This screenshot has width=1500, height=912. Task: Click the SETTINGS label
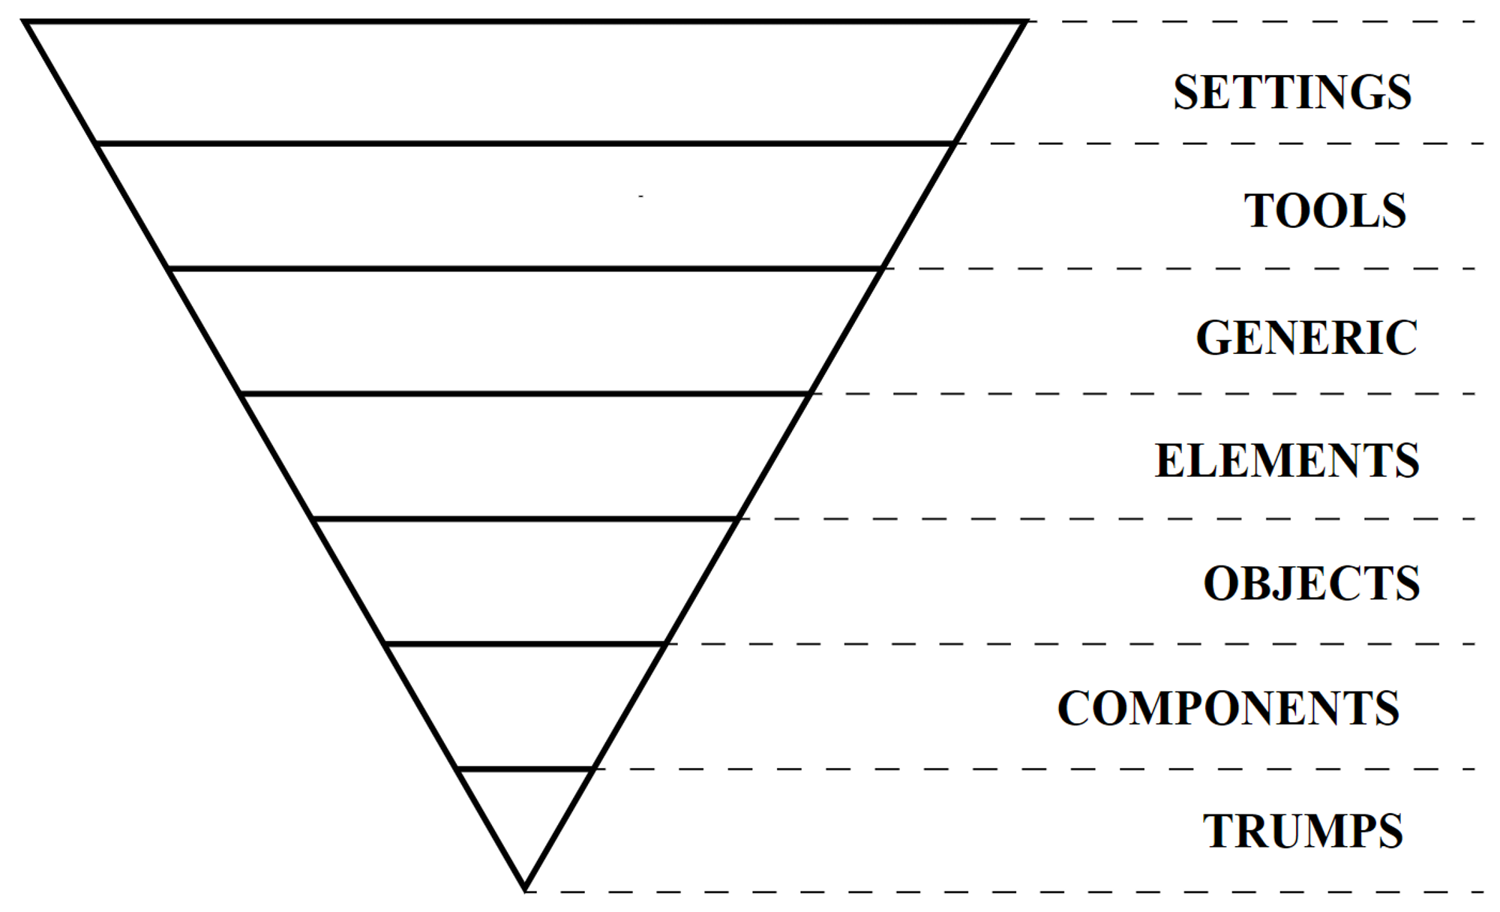tap(1292, 92)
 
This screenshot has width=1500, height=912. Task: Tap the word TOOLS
tap(1325, 211)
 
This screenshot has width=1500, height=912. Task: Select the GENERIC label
tap(1306, 337)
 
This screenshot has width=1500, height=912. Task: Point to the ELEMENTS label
tap(1287, 460)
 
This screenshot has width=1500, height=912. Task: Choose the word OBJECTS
tap(1312, 583)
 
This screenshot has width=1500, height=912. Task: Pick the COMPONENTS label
tap(1228, 708)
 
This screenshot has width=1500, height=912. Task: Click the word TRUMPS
tap(1303, 831)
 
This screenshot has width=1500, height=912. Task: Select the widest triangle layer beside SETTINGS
tap(525, 82)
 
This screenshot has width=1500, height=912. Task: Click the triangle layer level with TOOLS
tap(525, 206)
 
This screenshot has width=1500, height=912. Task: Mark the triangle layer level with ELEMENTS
tap(525, 456)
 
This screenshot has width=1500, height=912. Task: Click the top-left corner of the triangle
tap(26, 22)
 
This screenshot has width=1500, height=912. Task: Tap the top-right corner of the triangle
tap(1024, 22)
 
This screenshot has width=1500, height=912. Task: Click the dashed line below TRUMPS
tap(1005, 892)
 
